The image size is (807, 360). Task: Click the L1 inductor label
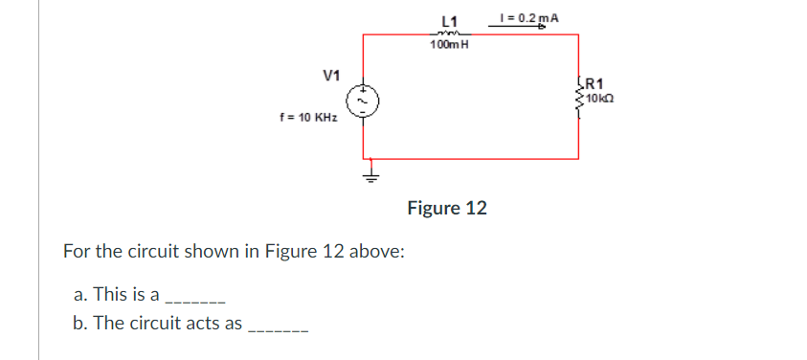tap(451, 21)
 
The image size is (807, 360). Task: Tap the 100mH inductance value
tap(450, 45)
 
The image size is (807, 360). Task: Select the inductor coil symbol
tap(450, 34)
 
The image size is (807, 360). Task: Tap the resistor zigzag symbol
tap(578, 92)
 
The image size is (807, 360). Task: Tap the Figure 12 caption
tap(447, 208)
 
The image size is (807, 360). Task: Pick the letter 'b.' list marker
tap(80, 323)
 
